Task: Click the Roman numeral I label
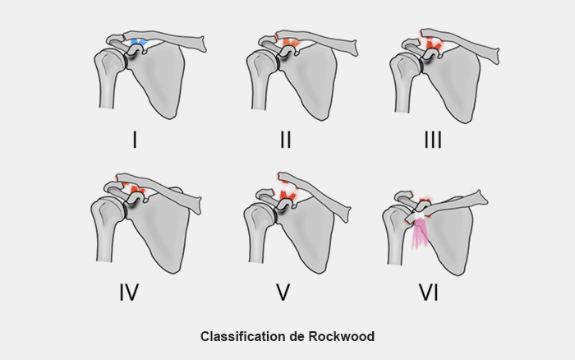pyautogui.click(x=134, y=140)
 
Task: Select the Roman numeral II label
pyautogui.click(x=285, y=140)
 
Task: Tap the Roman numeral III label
pyautogui.click(x=432, y=140)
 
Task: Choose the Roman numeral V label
pyautogui.click(x=283, y=291)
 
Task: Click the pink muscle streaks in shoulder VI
pyautogui.click(x=421, y=233)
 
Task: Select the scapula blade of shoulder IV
pyautogui.click(x=164, y=230)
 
